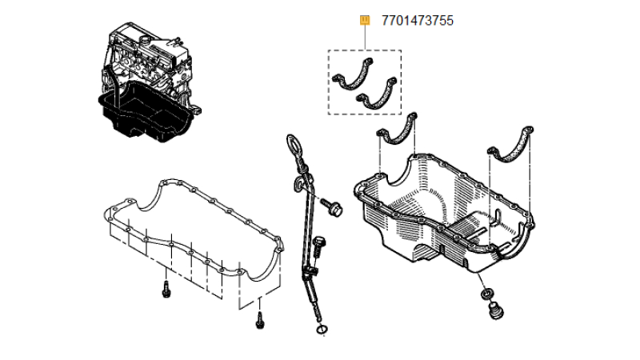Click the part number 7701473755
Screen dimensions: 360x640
(x=418, y=20)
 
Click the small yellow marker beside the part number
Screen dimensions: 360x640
(x=365, y=20)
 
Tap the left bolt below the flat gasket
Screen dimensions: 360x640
(x=166, y=290)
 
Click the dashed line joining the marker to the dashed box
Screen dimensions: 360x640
(x=365, y=38)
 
